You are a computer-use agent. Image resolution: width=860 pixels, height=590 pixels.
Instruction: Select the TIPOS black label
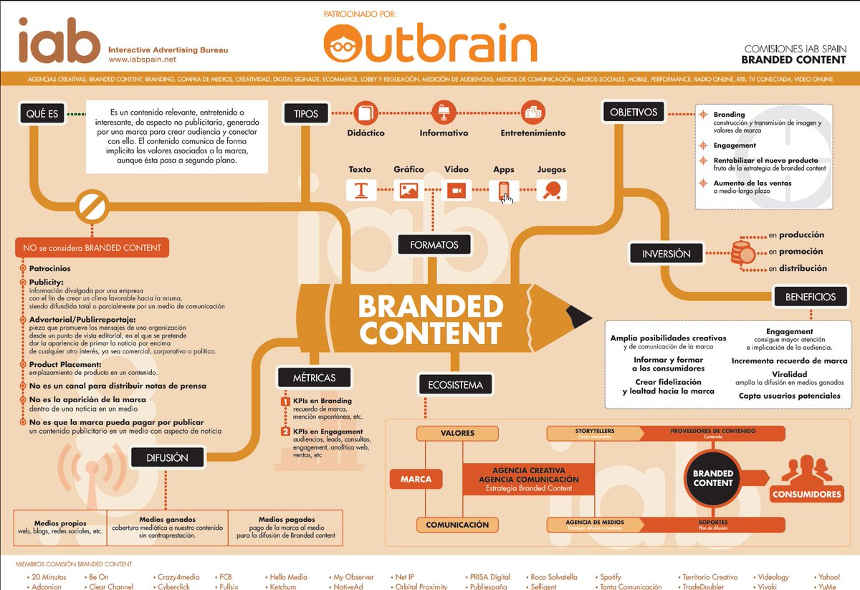pyautogui.click(x=306, y=113)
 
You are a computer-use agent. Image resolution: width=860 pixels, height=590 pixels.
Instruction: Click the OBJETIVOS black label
pyautogui.click(x=634, y=113)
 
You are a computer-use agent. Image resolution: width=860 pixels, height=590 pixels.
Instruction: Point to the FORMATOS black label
pyautogui.click(x=434, y=245)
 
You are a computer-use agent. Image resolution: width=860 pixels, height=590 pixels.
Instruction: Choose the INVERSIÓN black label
pyautogui.click(x=666, y=254)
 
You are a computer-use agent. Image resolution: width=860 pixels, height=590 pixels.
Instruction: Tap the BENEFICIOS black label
pyautogui.click(x=810, y=296)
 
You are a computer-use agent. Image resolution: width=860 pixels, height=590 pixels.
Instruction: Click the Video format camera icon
pyautogui.click(x=456, y=191)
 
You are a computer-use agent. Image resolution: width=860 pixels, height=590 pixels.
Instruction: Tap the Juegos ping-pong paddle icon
pyautogui.click(x=552, y=190)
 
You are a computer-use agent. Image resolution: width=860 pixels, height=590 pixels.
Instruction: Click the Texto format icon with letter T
pyautogui.click(x=360, y=191)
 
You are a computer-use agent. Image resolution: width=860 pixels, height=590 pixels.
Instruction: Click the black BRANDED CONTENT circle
pyautogui.click(x=713, y=478)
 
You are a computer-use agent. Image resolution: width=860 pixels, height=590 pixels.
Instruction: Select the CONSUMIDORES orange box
pyautogui.click(x=806, y=495)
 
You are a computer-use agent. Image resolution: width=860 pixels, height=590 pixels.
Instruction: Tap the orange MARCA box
pyautogui.click(x=416, y=479)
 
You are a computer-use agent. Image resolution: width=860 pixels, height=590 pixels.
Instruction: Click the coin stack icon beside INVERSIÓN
pyautogui.click(x=741, y=252)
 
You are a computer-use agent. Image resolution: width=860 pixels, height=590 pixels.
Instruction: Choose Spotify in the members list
pyautogui.click(x=611, y=577)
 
